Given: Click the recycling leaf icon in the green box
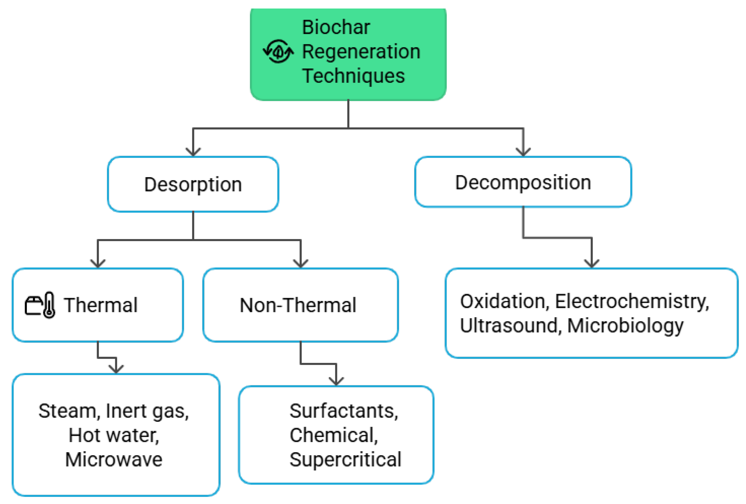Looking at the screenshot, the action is coord(278,51).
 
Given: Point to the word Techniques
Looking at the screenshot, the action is coord(353,76).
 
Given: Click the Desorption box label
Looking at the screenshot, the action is coord(193,185).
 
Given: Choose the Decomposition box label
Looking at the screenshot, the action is coord(523,183).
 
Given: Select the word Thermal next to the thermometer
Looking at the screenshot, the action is coord(100,305).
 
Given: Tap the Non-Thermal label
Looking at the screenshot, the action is coord(298,305).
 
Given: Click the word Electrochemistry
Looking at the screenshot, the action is coord(632,302).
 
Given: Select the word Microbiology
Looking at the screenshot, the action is coord(625,326).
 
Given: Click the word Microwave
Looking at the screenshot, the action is coord(114,459).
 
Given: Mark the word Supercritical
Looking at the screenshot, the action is coord(345,460).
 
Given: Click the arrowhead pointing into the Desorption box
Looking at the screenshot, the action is coord(193,152).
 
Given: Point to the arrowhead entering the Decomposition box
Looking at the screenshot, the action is coord(523,152).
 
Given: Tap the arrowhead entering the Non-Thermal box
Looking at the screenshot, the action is coord(300,263).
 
